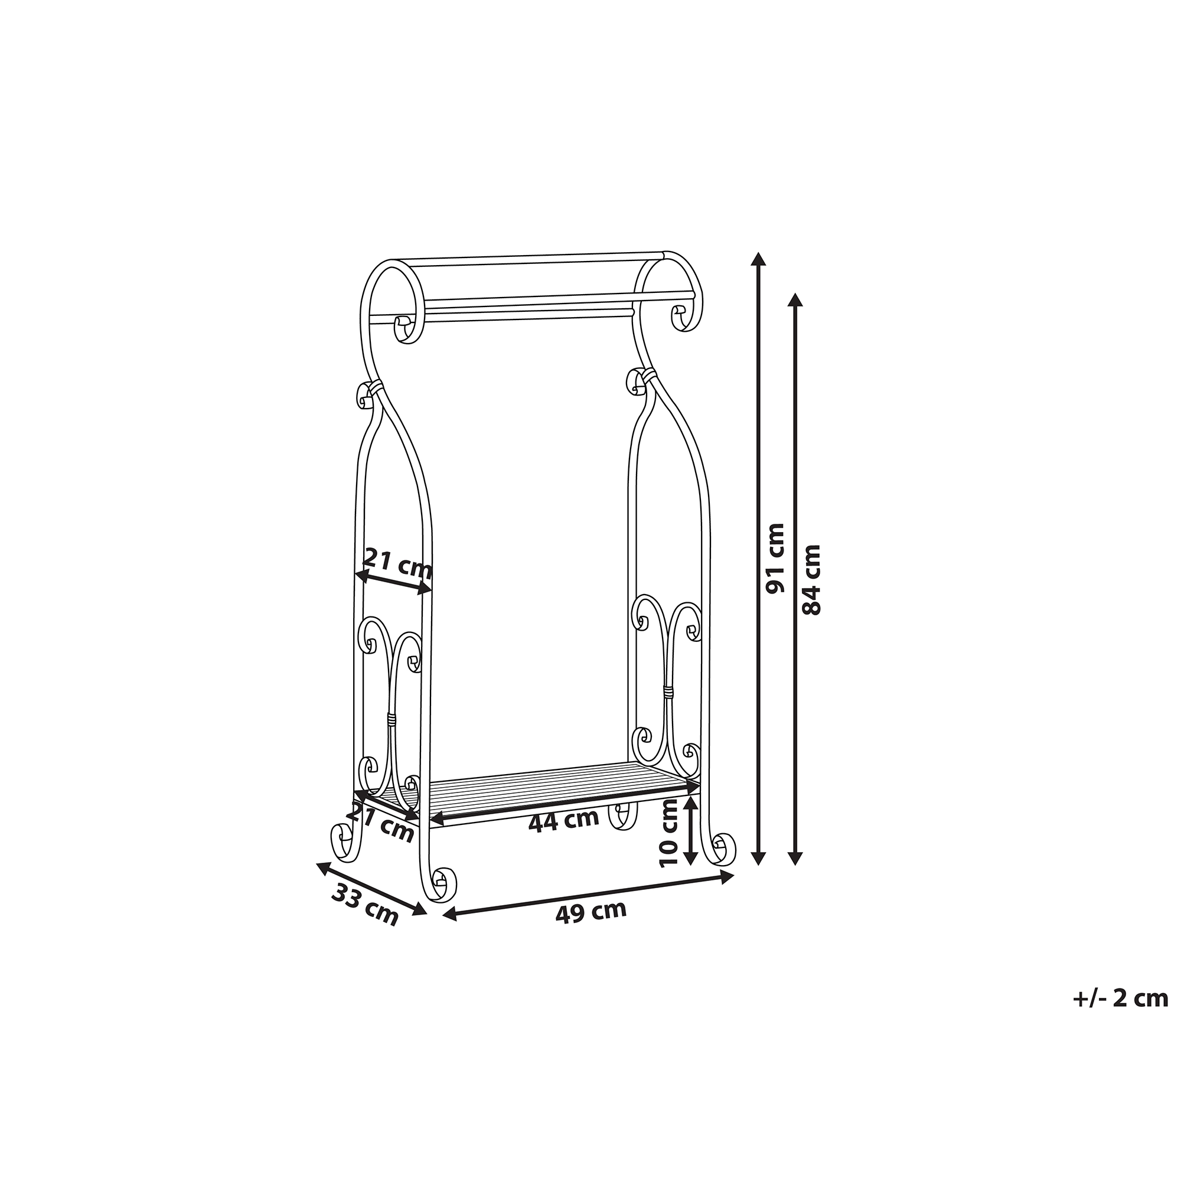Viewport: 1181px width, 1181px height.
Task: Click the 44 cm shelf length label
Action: pos(563,820)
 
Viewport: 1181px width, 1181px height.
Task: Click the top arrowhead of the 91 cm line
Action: pos(758,258)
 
